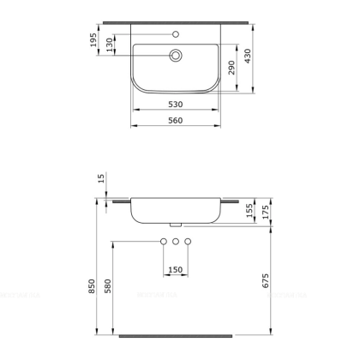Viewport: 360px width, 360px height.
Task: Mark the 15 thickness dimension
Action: [100, 178]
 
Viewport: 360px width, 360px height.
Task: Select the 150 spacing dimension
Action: [176, 270]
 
